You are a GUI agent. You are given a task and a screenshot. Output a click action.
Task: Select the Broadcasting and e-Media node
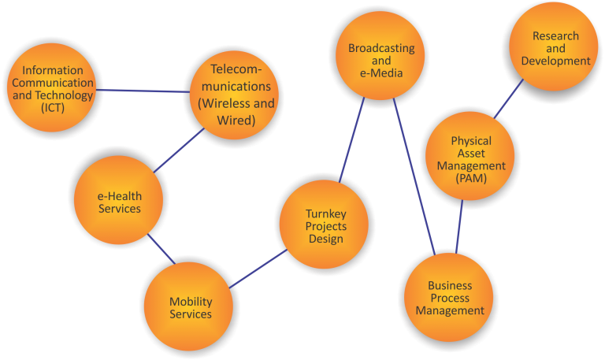coord(381,60)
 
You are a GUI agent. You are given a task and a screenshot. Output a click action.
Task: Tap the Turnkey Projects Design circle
coord(325,226)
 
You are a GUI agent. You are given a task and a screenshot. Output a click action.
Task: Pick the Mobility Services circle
coord(191,307)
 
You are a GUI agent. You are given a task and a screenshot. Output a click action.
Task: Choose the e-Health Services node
coord(119,202)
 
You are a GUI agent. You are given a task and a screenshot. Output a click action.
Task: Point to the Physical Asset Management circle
coord(471,160)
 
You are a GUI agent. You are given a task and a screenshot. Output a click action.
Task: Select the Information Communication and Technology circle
coord(53,88)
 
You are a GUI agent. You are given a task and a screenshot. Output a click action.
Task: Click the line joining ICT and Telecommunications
coord(142,91)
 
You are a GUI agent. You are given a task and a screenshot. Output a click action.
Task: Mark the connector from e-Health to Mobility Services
coord(161,248)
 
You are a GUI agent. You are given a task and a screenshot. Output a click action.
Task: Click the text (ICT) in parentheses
coord(53,108)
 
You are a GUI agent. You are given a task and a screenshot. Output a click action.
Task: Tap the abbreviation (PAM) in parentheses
coord(471,179)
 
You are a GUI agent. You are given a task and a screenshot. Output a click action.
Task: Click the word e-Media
coord(381,72)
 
